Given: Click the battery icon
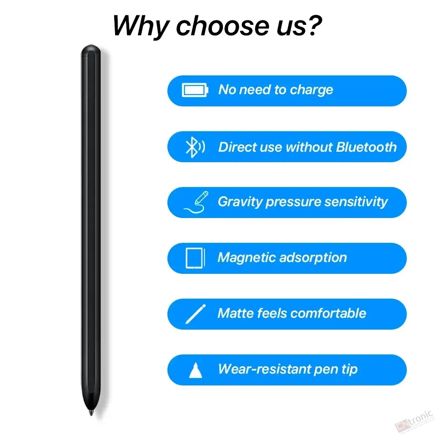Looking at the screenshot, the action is (x=195, y=90).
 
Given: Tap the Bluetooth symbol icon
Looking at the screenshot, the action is (x=195, y=147).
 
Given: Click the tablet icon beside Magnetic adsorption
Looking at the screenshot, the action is (x=195, y=258).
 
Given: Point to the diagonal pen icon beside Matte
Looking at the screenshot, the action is (x=195, y=314).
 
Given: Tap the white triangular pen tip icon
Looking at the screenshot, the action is (x=195, y=370).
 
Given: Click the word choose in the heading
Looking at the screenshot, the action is (x=222, y=26).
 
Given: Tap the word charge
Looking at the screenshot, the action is (x=311, y=90).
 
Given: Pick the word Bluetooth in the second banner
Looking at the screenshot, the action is (x=366, y=147).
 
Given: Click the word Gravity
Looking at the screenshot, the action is (x=240, y=202).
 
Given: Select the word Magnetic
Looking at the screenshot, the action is (x=247, y=258).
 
